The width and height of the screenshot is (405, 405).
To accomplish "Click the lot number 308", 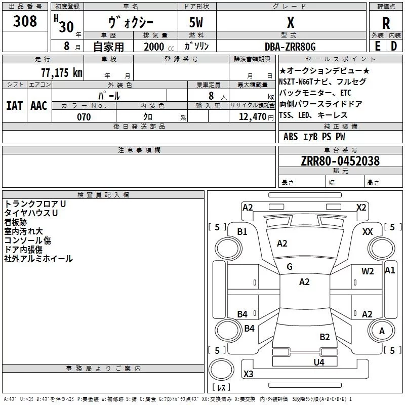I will (x=25, y=21).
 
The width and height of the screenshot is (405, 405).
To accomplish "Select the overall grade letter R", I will (x=386, y=23).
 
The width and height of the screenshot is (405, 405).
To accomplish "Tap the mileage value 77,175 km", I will (x=61, y=73).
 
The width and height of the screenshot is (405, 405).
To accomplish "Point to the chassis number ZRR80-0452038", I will (x=340, y=161).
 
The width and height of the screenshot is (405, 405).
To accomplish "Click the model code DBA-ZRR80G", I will (x=290, y=47).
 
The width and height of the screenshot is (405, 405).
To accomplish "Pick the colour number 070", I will (x=84, y=117).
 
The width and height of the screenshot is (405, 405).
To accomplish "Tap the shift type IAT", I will (x=14, y=105).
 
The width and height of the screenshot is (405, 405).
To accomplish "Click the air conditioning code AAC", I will (x=39, y=105).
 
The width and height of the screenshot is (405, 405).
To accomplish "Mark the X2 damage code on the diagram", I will (x=361, y=207).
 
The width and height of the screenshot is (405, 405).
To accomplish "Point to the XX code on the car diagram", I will (x=368, y=231).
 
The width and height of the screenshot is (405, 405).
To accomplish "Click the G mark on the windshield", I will (x=290, y=266).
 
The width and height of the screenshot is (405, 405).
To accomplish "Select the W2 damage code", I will (x=368, y=271).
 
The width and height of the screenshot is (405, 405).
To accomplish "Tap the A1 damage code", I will (x=390, y=270).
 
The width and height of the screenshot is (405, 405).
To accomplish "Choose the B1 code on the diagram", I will (x=242, y=231).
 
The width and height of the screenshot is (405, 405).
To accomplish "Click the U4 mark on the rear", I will (x=318, y=362).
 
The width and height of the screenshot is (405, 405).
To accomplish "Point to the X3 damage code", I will (x=248, y=374).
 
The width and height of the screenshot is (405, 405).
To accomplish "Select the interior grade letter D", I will (x=394, y=46).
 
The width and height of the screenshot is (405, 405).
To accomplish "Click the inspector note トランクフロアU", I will (x=35, y=204).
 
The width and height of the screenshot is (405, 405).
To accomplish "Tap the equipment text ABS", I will (x=291, y=137).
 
